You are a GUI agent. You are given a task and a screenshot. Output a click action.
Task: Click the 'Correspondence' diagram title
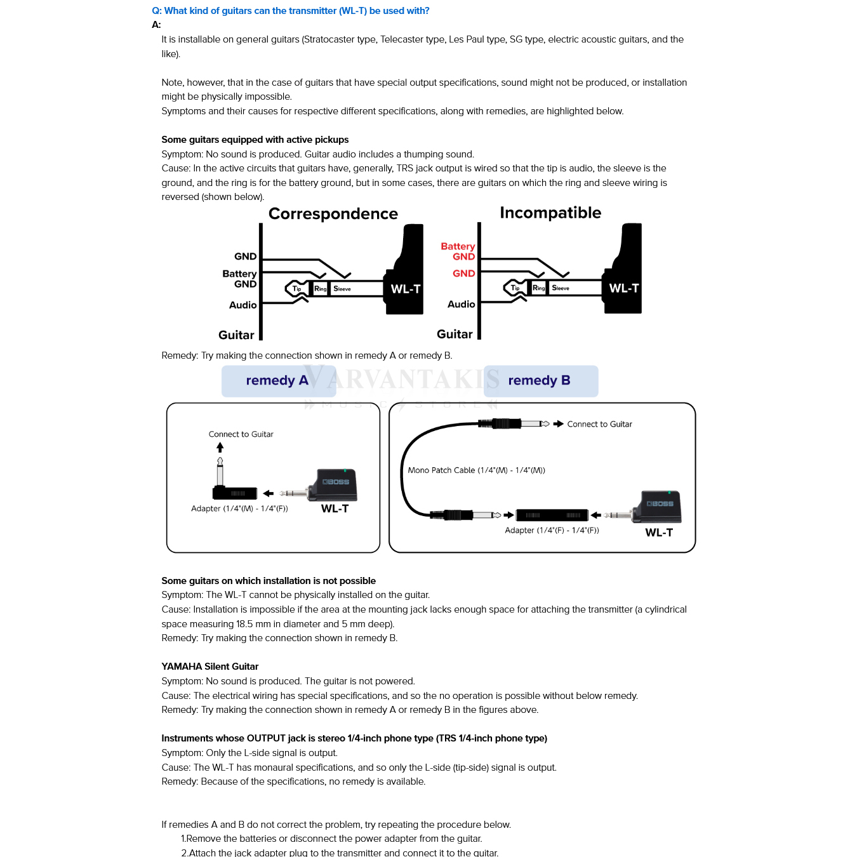(333, 214)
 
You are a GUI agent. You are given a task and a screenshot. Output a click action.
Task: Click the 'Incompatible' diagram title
(550, 213)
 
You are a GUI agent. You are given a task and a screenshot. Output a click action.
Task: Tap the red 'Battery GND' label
(458, 251)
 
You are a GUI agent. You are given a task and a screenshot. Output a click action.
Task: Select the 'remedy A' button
(278, 381)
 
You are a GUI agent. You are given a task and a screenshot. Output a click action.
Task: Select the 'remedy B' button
(540, 381)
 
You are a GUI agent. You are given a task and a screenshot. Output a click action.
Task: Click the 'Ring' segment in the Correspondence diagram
(321, 289)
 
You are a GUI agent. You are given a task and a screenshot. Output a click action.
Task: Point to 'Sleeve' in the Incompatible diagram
(561, 288)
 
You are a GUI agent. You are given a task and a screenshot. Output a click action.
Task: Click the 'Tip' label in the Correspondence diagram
(296, 289)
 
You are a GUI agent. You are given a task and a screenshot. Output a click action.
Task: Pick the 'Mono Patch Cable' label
(476, 470)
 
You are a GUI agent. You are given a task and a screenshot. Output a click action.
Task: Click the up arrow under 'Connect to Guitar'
(220, 448)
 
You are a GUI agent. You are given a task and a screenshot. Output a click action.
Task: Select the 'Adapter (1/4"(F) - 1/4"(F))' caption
(552, 531)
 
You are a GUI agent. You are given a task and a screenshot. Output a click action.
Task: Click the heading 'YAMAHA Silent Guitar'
(209, 667)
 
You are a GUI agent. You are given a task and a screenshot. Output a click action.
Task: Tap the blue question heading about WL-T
(290, 11)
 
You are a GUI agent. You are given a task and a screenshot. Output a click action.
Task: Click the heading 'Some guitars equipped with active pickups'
(255, 140)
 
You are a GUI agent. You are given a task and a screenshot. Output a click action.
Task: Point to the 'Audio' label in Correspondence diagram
(242, 305)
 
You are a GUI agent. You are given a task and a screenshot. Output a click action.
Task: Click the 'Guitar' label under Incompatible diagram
(455, 335)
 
